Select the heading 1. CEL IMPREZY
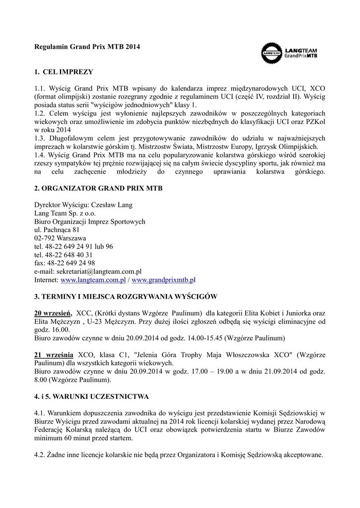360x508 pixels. (x=64, y=72)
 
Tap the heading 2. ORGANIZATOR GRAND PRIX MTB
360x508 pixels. (x=98, y=189)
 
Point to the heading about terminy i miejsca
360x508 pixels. (x=125, y=297)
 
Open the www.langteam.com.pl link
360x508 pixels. (x=93, y=280)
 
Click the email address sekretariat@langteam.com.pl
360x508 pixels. (x=104, y=271)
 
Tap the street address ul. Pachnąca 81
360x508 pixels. (x=57, y=230)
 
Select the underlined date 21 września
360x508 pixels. (x=54, y=355)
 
